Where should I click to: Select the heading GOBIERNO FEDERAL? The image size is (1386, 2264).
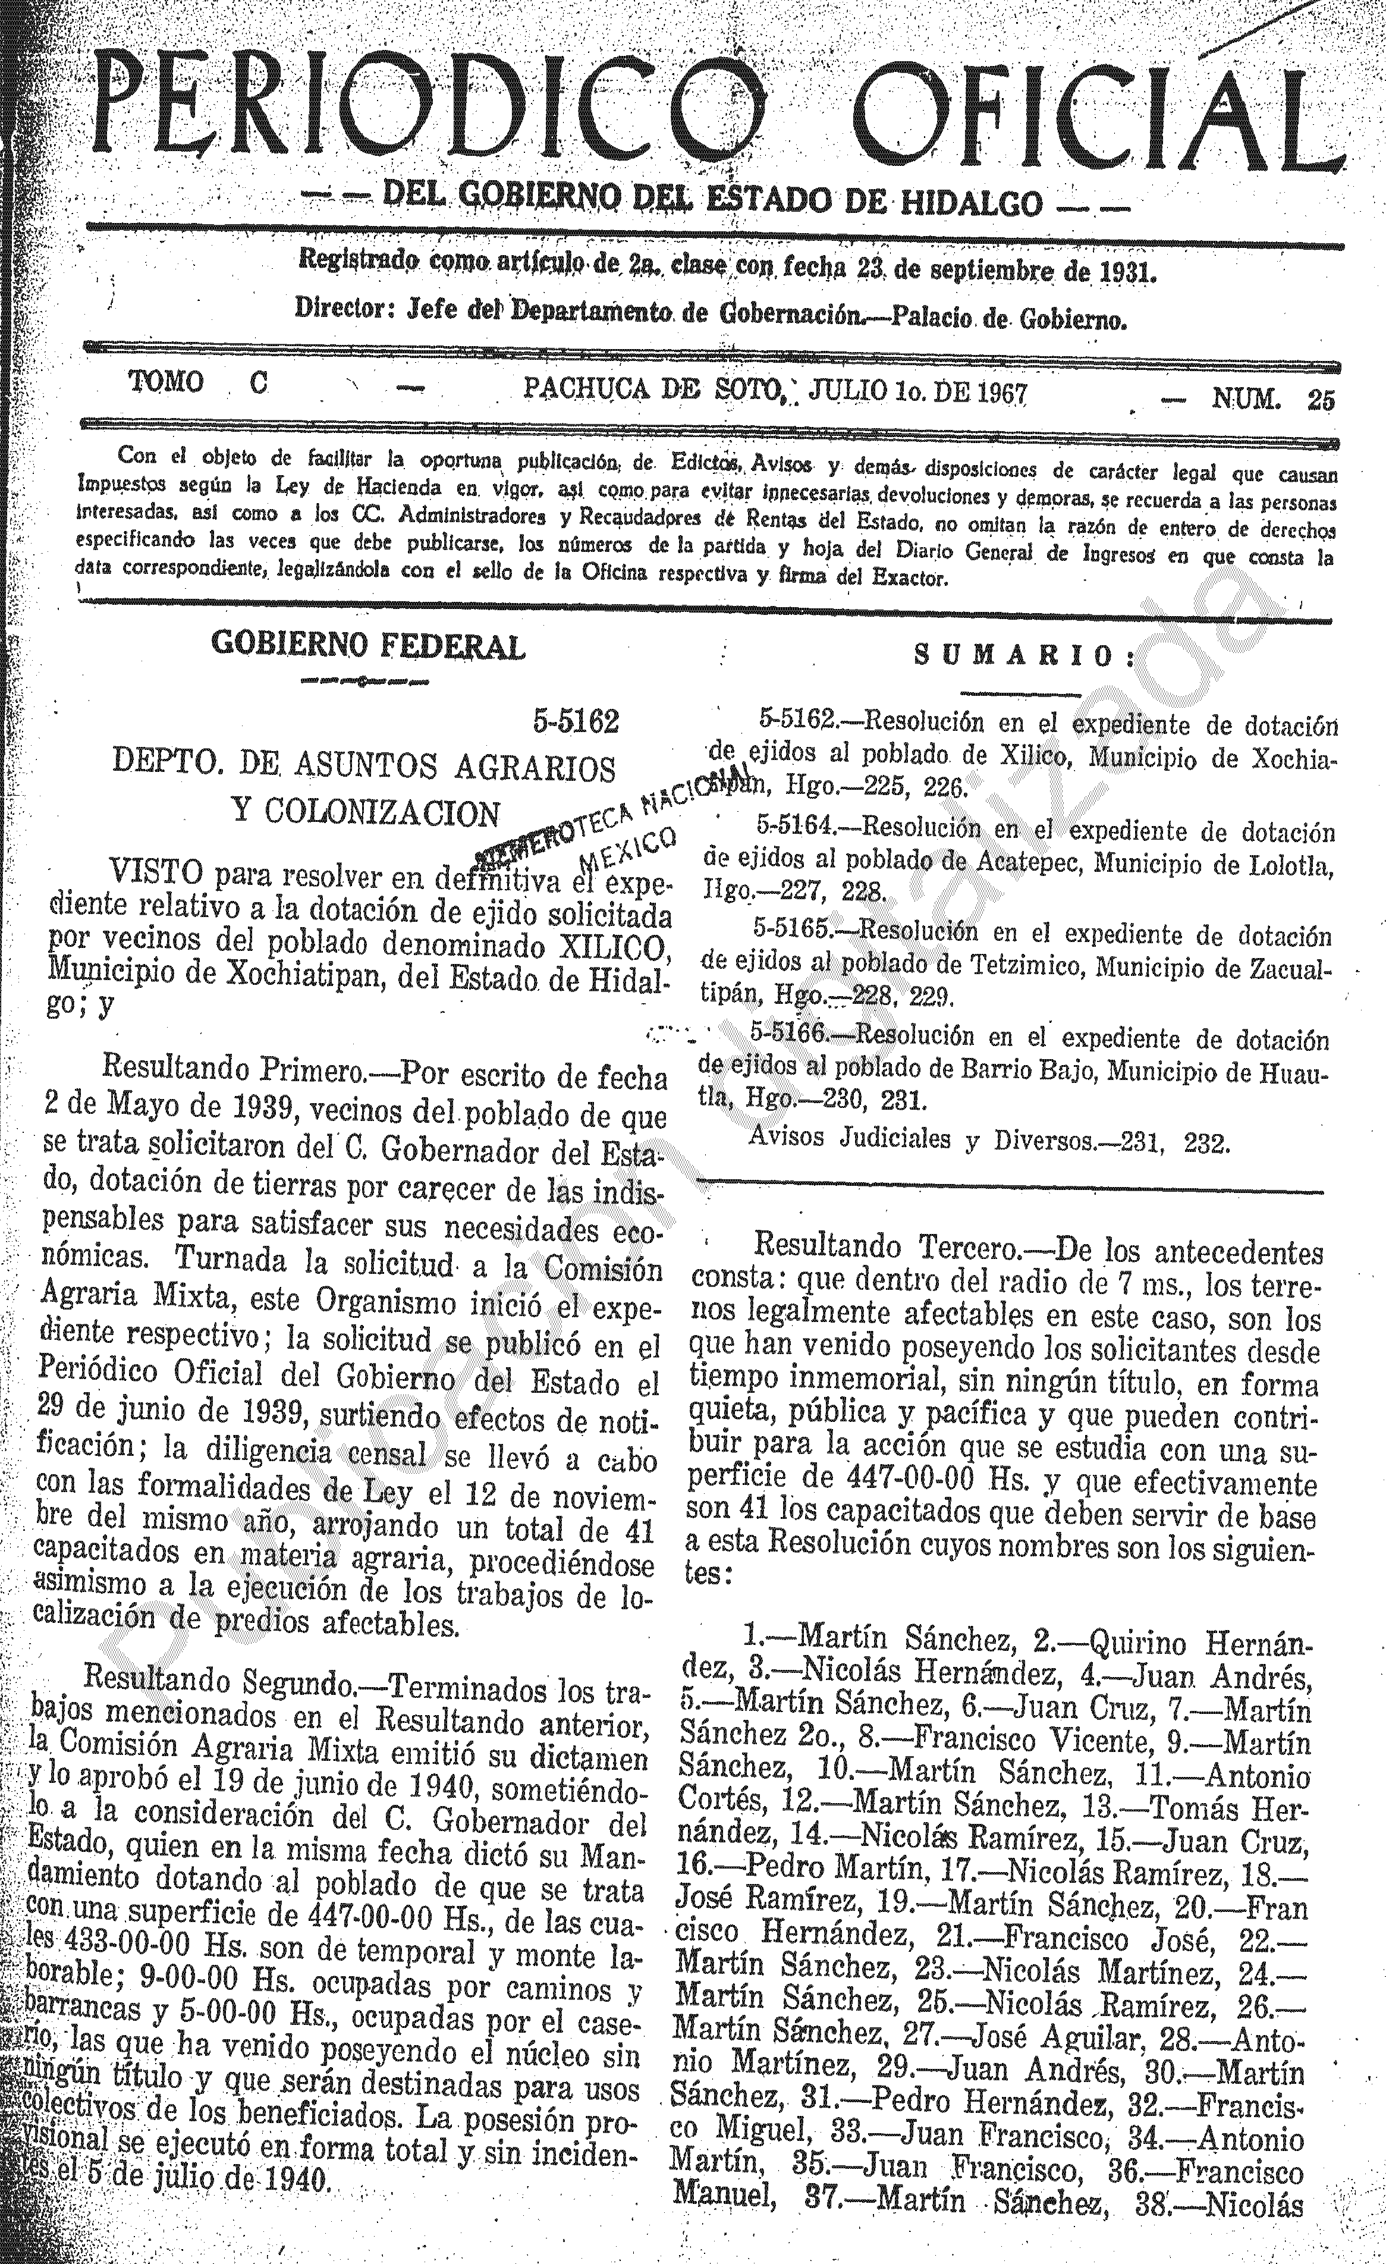[368, 646]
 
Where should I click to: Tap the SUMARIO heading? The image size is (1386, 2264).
[1024, 655]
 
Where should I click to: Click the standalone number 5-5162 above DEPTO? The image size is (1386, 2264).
[576, 722]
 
